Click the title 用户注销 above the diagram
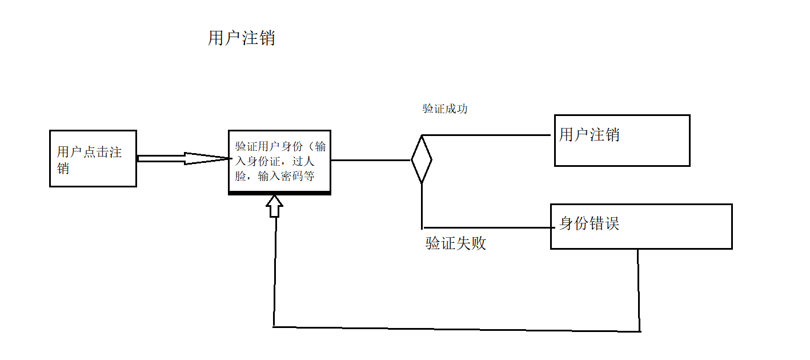[241, 38]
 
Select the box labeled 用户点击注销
[93, 158]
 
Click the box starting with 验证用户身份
[279, 162]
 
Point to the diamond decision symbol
[422, 160]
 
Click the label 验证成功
[445, 109]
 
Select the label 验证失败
[456, 243]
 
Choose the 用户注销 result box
[622, 141]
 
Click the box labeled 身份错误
[641, 226]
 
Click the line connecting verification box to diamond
[371, 160]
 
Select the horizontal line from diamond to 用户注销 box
[486, 135]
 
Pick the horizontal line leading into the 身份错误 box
[486, 227]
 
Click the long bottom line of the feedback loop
[457, 329]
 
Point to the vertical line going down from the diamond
[422, 206]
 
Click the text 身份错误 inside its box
[589, 223]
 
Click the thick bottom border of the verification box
[279, 193]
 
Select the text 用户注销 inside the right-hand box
[589, 135]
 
